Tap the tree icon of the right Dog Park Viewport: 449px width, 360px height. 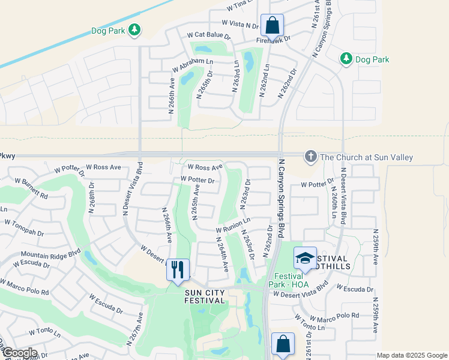(x=346, y=58)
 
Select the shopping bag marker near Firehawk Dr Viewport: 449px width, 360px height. (x=273, y=25)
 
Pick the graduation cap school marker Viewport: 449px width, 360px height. (x=305, y=257)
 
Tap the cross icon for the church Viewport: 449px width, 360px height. (x=310, y=157)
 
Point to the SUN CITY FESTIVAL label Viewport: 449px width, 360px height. (x=205, y=296)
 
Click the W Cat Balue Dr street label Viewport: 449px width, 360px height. (x=209, y=36)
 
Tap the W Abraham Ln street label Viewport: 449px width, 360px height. (x=193, y=62)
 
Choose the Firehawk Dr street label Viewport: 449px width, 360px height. (x=273, y=39)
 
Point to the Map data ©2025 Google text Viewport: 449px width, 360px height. (x=412, y=355)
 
